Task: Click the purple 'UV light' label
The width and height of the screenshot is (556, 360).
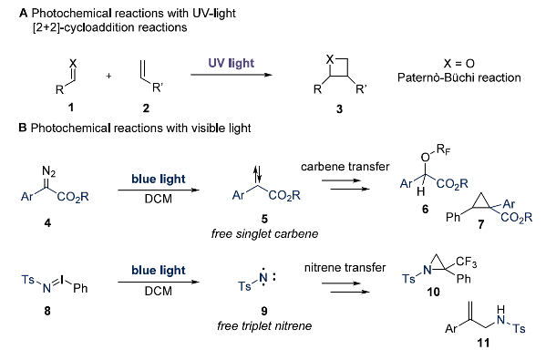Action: click(x=232, y=63)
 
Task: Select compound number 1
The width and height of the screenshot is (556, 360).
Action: click(x=71, y=107)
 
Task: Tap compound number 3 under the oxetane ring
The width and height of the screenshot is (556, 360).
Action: click(x=339, y=108)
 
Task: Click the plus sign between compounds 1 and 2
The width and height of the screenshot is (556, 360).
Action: click(x=108, y=76)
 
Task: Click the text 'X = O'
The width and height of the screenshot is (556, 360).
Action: click(x=458, y=64)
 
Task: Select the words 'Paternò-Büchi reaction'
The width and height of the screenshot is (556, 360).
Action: click(x=458, y=77)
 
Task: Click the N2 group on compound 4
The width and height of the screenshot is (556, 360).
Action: click(x=48, y=171)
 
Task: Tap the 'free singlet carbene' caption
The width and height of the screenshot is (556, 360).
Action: click(x=264, y=233)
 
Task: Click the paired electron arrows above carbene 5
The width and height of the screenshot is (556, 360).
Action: click(x=258, y=173)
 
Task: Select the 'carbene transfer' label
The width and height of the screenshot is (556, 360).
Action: click(x=345, y=167)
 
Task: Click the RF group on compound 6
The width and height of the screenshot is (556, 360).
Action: click(x=444, y=150)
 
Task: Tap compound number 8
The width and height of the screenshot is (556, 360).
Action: click(x=47, y=311)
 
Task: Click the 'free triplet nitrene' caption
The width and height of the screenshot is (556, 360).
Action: click(x=264, y=325)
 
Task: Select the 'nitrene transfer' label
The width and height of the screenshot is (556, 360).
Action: click(x=345, y=267)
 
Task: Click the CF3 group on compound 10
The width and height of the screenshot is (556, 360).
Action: click(x=466, y=262)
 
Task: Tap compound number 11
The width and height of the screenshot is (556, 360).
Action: click(x=483, y=343)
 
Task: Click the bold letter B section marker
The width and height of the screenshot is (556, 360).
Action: click(x=23, y=128)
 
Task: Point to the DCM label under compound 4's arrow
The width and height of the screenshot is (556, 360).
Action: click(x=159, y=199)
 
